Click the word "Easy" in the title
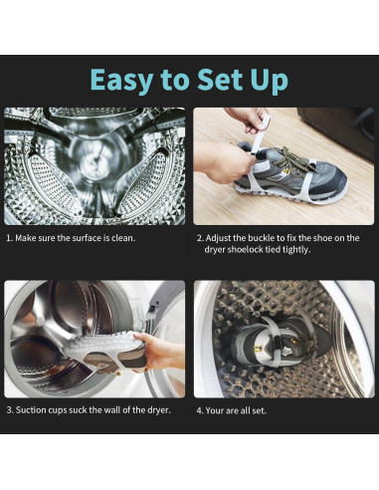tap(121, 80)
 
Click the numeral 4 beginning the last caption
tap(199, 410)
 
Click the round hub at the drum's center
tap(94, 162)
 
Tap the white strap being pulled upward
tap(261, 133)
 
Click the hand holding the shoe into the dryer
tap(156, 351)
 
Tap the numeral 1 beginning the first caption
tap(9, 238)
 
